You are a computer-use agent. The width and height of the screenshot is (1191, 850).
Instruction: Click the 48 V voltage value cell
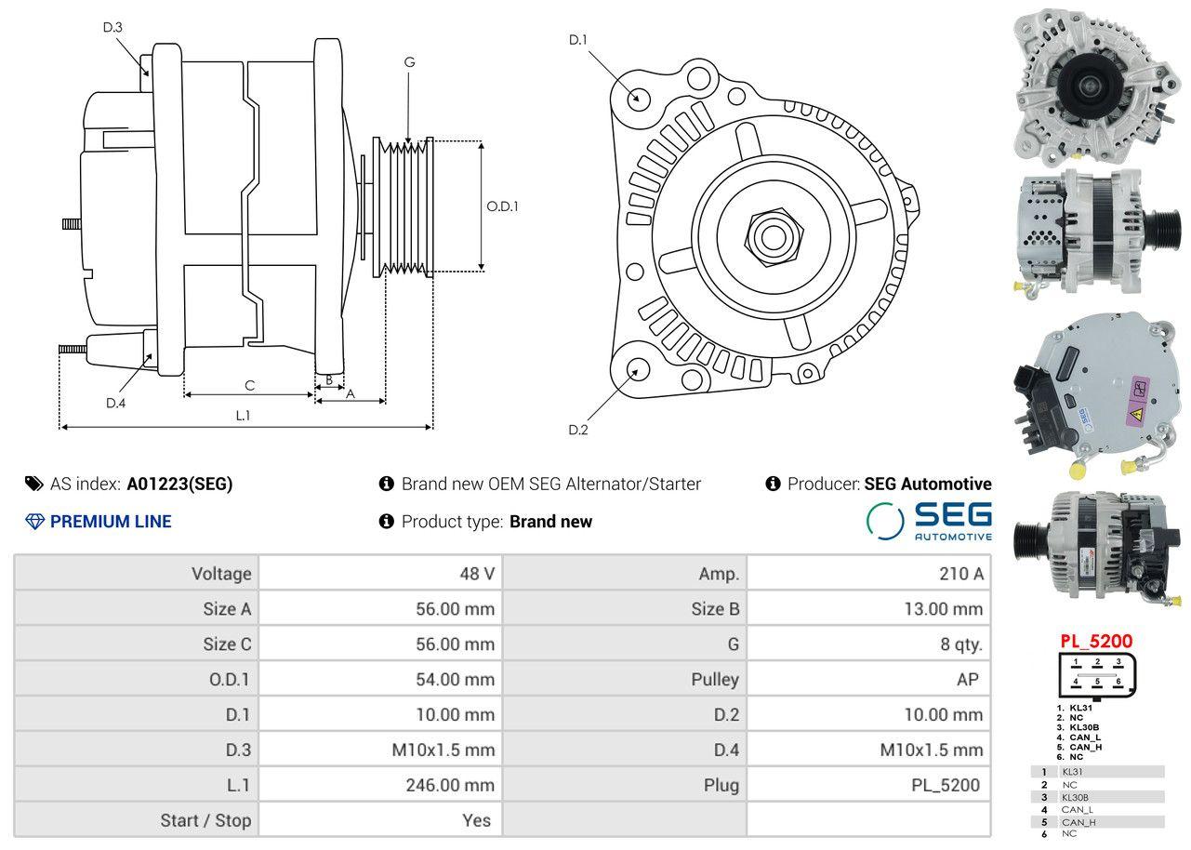click(477, 574)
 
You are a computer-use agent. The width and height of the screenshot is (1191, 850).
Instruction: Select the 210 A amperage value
click(961, 574)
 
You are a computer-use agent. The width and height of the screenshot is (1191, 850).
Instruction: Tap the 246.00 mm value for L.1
click(449, 785)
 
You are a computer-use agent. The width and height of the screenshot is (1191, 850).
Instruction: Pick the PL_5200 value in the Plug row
click(945, 785)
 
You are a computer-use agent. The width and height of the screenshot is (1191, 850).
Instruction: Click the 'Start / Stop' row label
click(205, 820)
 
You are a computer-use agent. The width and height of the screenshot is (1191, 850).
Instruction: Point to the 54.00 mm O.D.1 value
click(455, 679)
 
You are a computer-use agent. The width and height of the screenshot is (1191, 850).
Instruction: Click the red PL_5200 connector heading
click(1096, 642)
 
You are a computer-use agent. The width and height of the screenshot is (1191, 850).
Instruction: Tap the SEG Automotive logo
click(929, 521)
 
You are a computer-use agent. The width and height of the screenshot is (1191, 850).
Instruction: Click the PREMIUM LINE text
click(111, 522)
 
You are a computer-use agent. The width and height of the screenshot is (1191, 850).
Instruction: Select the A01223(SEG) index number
click(179, 484)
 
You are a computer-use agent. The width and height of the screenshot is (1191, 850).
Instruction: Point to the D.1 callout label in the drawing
click(578, 40)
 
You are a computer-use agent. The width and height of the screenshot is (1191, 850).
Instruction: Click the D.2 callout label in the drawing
click(578, 430)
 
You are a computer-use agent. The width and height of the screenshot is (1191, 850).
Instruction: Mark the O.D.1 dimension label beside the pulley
click(502, 206)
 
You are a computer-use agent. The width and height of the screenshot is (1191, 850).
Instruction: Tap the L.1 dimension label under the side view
click(243, 416)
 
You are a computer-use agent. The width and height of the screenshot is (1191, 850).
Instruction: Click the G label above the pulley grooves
click(409, 62)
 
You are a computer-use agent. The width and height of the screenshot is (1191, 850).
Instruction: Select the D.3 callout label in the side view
click(112, 27)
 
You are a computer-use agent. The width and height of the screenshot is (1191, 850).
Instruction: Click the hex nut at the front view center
click(770, 236)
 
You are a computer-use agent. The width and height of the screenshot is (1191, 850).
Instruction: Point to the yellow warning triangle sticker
click(1135, 415)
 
